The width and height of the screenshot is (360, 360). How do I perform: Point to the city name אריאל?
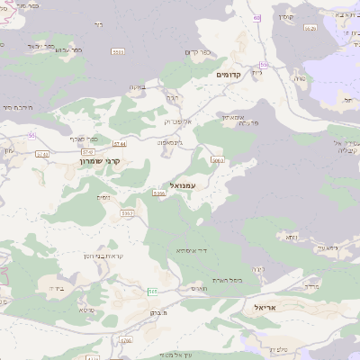pos(267,308)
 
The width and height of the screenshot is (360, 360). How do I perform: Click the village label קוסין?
pos(286,17)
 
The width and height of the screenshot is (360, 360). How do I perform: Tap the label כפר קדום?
pos(200,51)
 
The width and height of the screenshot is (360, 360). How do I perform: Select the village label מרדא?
pos(311,286)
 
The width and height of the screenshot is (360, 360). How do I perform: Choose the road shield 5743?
pos(42,154)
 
